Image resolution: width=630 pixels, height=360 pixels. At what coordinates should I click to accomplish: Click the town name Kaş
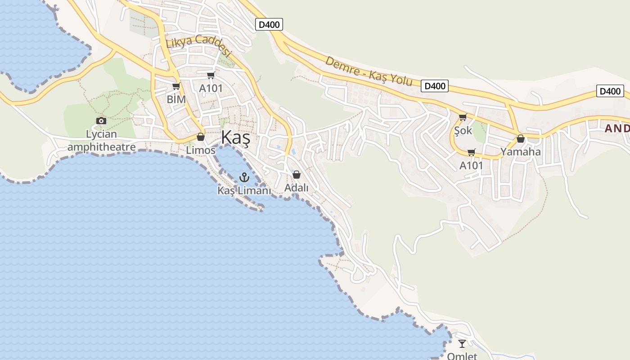click(x=235, y=138)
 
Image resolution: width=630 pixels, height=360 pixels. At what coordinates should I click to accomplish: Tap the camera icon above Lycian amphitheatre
click(x=101, y=121)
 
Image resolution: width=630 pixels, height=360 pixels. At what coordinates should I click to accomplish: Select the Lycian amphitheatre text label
click(x=101, y=140)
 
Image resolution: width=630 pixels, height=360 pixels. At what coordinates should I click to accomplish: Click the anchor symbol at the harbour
click(x=244, y=177)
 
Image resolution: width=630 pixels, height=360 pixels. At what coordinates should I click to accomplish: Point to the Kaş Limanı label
click(x=244, y=191)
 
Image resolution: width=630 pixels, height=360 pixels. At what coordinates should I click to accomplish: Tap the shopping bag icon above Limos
click(x=201, y=137)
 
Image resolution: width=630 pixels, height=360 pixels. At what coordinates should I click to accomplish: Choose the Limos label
click(x=201, y=150)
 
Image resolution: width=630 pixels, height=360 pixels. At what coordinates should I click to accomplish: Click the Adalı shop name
click(x=297, y=188)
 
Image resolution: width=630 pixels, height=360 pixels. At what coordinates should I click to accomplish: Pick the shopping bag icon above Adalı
click(x=297, y=175)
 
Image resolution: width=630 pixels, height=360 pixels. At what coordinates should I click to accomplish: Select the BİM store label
click(x=176, y=99)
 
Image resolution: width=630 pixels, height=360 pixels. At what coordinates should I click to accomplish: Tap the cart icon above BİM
click(x=176, y=86)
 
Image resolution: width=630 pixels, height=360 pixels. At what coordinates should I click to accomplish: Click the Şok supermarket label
click(x=463, y=130)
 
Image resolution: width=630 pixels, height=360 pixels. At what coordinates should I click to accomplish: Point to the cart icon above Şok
click(x=463, y=117)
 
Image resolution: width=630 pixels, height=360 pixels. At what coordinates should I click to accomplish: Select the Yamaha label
click(x=521, y=152)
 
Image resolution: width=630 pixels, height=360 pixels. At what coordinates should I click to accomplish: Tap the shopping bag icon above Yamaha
click(x=521, y=139)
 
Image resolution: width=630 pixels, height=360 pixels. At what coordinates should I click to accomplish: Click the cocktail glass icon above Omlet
click(x=462, y=344)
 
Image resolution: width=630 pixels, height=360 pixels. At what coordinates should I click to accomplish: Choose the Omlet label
click(x=462, y=356)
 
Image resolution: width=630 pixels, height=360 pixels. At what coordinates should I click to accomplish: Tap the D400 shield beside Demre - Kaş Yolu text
click(x=435, y=86)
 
